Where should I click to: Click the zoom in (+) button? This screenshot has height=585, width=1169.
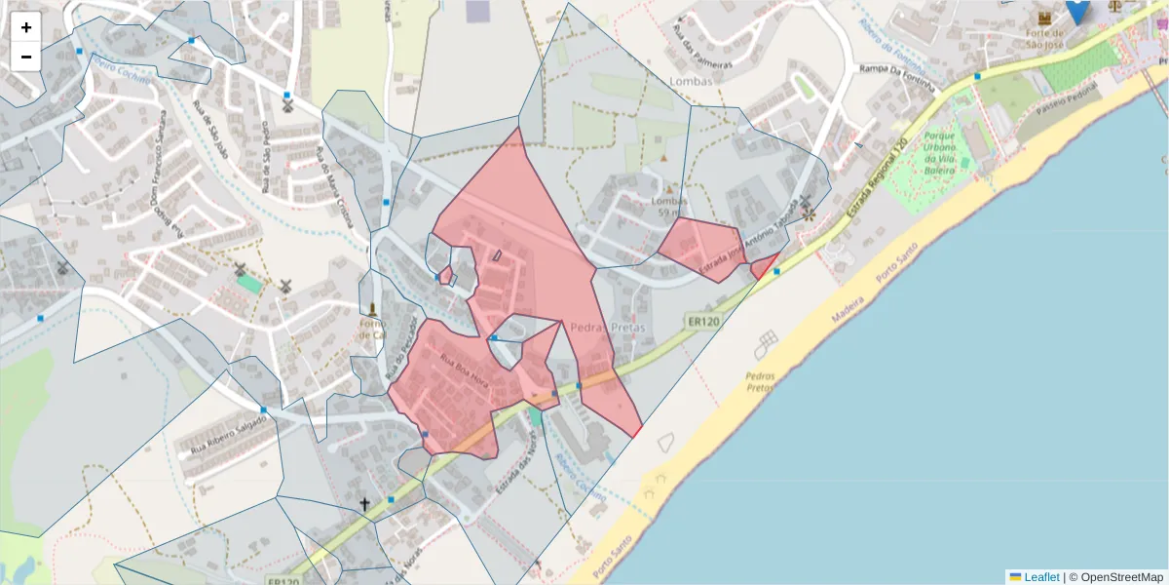point(26,27)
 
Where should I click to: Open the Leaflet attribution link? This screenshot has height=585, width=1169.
point(1040,576)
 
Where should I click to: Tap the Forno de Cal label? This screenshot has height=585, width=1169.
point(372,329)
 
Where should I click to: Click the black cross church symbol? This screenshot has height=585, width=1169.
point(365,504)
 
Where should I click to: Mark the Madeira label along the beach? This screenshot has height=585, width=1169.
point(848,308)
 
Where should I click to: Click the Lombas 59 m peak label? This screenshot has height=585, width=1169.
point(669,207)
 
